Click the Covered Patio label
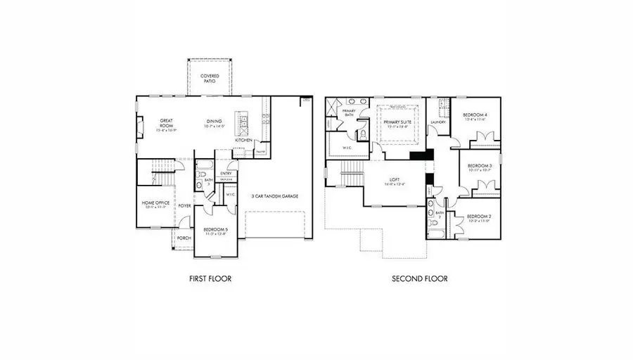coord(208,78)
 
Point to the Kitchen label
coord(243,140)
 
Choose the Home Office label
coord(155,204)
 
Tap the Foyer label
coord(184,206)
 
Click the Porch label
coord(184,238)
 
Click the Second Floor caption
coord(419,278)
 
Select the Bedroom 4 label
coord(475,116)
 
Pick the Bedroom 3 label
coord(478,167)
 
